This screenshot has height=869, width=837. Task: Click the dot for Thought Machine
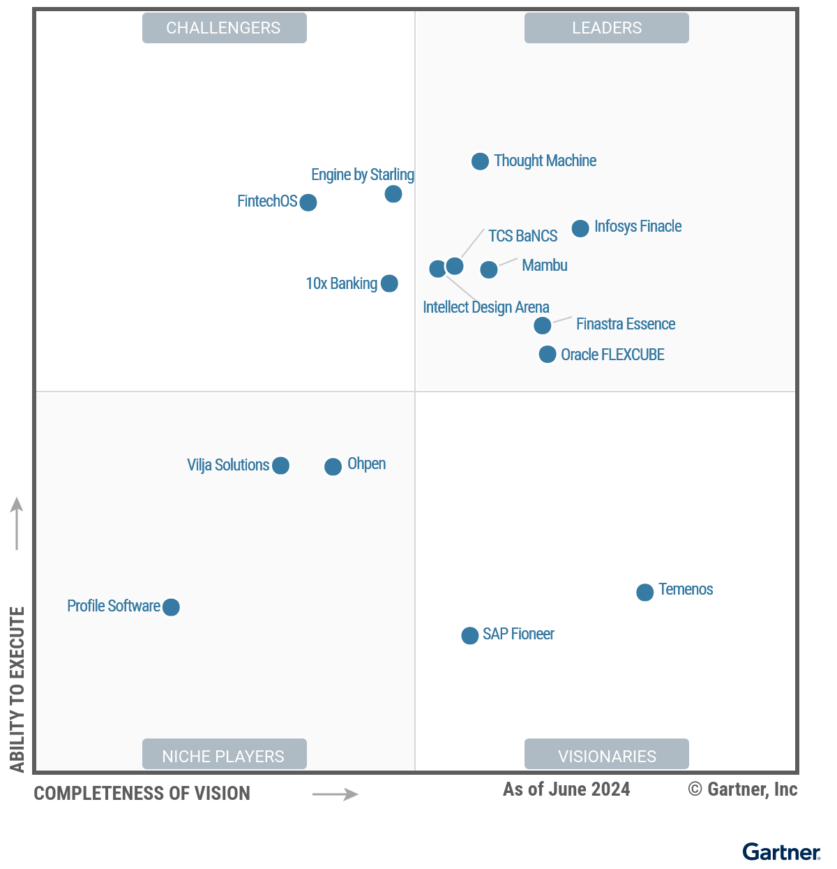click(480, 161)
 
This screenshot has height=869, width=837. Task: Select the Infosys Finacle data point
click(580, 228)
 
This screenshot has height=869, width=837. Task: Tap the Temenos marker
click(645, 592)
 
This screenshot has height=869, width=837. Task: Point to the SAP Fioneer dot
click(470, 635)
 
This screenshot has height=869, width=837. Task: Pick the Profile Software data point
click(171, 607)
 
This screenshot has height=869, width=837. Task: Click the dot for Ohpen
click(333, 466)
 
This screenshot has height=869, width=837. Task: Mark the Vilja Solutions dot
click(280, 466)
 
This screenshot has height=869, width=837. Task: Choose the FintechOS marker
click(308, 202)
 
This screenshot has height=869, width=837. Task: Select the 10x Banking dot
click(389, 283)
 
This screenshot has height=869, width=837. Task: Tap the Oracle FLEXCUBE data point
click(548, 355)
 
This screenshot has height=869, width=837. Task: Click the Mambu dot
click(489, 269)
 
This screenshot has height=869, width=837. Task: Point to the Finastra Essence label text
click(626, 324)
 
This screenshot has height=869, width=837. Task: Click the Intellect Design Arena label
click(485, 307)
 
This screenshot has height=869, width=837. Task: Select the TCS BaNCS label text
click(522, 236)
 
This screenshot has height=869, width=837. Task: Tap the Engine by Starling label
click(363, 174)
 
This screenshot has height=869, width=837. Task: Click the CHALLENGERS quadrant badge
click(224, 28)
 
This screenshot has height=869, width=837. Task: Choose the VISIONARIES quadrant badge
click(607, 756)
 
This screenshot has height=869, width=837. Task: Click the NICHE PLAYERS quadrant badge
click(224, 756)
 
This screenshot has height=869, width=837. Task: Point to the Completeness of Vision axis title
click(142, 794)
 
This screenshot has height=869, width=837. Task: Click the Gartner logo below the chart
click(781, 852)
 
